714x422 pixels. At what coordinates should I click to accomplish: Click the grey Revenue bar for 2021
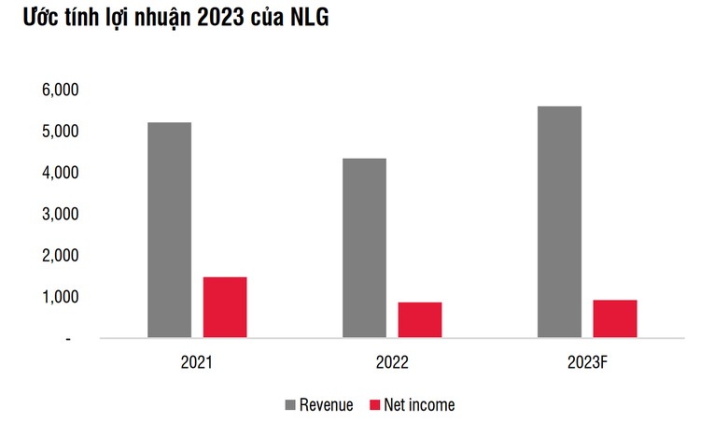tap(169, 230)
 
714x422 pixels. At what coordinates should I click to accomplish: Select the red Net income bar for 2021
tap(225, 306)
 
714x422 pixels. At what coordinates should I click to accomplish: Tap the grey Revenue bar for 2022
tap(364, 247)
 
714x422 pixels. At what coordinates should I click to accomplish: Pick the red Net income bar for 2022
tap(420, 319)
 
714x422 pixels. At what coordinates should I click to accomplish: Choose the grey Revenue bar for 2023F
tap(559, 221)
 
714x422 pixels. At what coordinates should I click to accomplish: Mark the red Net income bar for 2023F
tap(615, 317)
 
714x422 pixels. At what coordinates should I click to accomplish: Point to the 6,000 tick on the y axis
tap(59, 90)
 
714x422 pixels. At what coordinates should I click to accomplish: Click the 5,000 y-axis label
tap(59, 132)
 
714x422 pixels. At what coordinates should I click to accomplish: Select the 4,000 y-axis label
tap(59, 173)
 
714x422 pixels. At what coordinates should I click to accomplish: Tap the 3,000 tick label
tap(59, 214)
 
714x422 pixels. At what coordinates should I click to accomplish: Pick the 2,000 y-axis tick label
tap(59, 255)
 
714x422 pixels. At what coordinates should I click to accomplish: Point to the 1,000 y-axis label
tap(59, 297)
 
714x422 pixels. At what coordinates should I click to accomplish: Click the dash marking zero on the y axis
tap(68, 338)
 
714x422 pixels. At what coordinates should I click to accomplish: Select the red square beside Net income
tap(376, 404)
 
